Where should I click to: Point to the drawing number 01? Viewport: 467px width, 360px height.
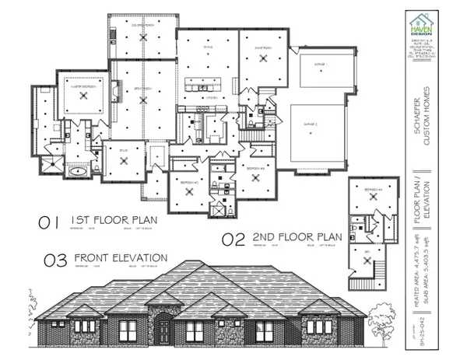(x=49, y=223)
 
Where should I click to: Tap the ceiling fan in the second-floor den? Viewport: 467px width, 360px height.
(x=369, y=249)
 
